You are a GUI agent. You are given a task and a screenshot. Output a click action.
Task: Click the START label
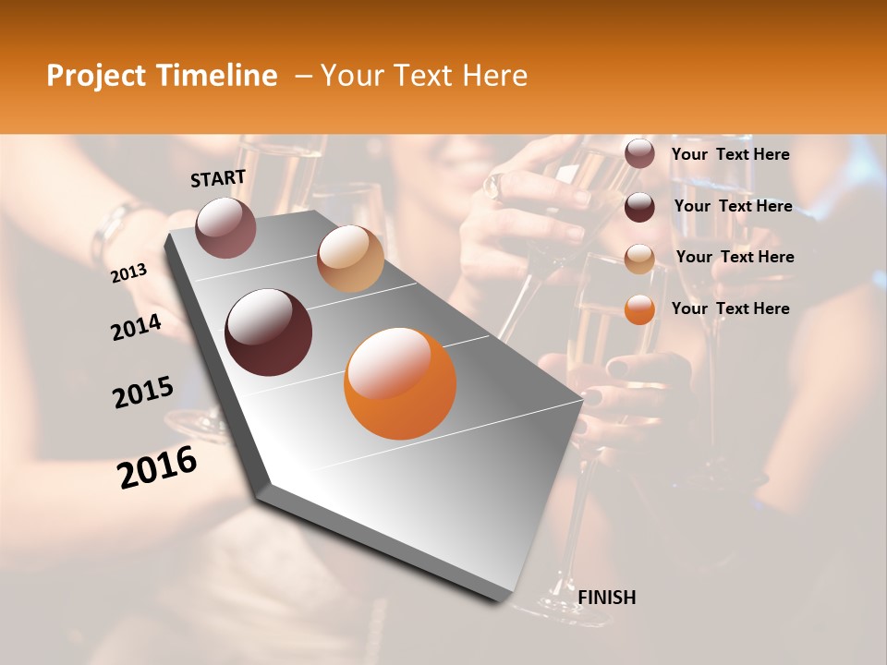218,178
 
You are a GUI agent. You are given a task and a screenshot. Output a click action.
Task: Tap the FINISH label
607,598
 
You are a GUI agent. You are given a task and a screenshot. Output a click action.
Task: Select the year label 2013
128,273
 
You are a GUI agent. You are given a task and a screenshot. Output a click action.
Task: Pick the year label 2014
136,328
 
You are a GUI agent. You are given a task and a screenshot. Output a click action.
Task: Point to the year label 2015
143,393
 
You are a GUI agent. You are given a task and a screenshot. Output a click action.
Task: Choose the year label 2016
157,467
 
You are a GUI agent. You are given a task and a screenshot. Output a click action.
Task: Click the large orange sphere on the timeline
400,383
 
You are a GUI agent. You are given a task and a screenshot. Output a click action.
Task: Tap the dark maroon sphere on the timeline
268,332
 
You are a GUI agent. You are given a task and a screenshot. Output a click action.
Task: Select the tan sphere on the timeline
350,259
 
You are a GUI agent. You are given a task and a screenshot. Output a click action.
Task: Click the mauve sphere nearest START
225,227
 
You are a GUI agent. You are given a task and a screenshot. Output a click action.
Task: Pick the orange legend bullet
639,309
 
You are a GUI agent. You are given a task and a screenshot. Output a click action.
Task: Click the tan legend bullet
639,259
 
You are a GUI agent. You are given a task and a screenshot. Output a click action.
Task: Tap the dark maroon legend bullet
639,207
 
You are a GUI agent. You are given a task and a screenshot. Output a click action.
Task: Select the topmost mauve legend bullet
639,154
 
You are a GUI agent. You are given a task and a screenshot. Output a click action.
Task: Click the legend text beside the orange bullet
730,308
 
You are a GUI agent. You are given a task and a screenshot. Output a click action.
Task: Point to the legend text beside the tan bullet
735,257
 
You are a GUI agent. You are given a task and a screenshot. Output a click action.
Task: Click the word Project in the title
96,77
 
